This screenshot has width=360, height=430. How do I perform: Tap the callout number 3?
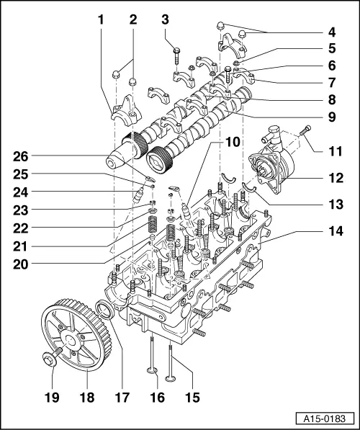coord(165,19)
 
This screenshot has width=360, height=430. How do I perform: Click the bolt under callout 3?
coord(176,50)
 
